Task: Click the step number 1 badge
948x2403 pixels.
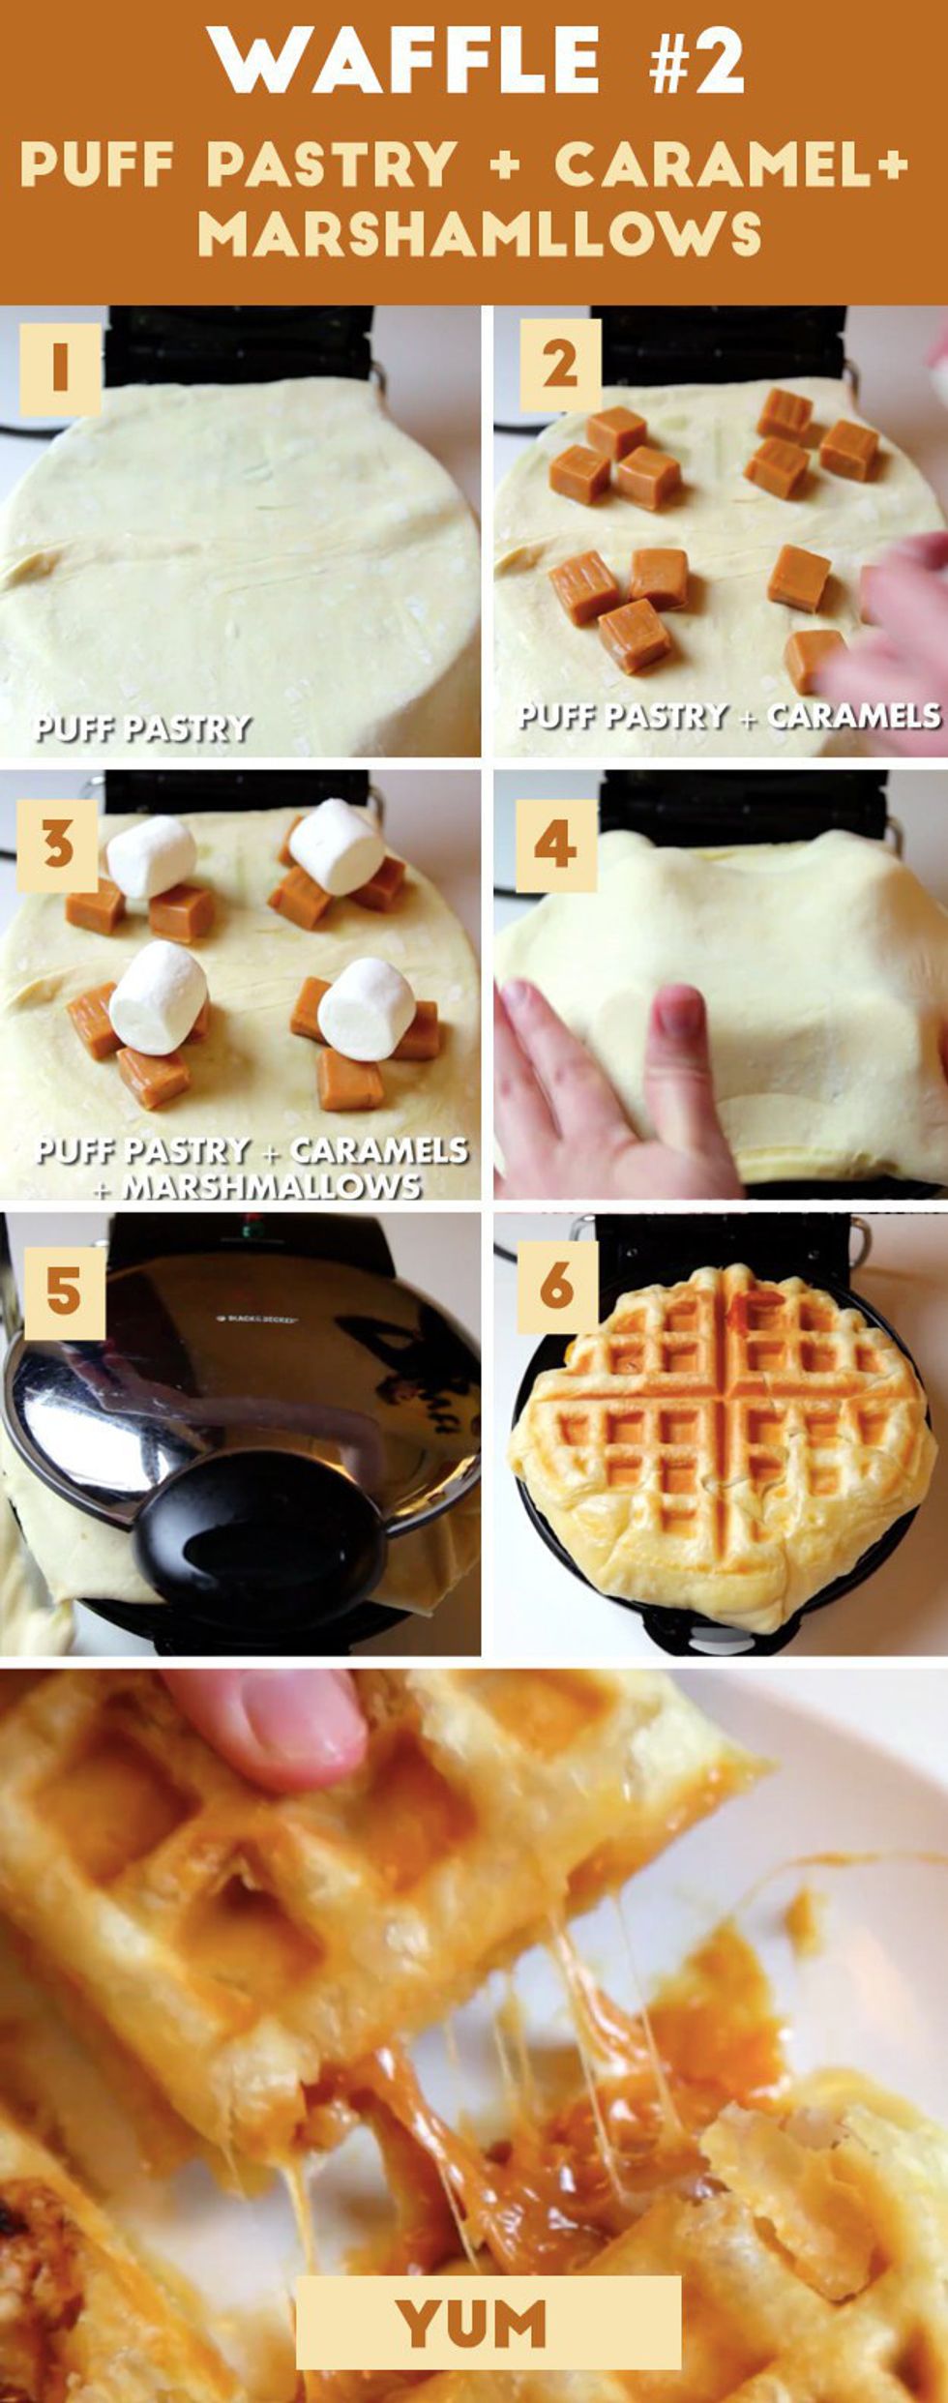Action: [x=60, y=369]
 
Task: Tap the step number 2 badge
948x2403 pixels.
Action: [x=560, y=366]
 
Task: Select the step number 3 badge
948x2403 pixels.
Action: [x=57, y=845]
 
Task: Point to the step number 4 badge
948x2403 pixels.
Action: [x=555, y=845]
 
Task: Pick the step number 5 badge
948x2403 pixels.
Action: [x=64, y=1293]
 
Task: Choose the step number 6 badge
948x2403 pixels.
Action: [x=557, y=1286]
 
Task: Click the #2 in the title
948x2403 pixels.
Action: [x=697, y=60]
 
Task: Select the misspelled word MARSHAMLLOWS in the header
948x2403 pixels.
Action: [x=480, y=233]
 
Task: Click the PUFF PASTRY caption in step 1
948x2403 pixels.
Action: [x=142, y=727]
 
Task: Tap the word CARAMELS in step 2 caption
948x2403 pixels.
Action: [x=853, y=716]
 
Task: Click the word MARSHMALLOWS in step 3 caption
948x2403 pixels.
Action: [x=272, y=1186]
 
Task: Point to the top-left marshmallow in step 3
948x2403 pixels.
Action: [x=151, y=856]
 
